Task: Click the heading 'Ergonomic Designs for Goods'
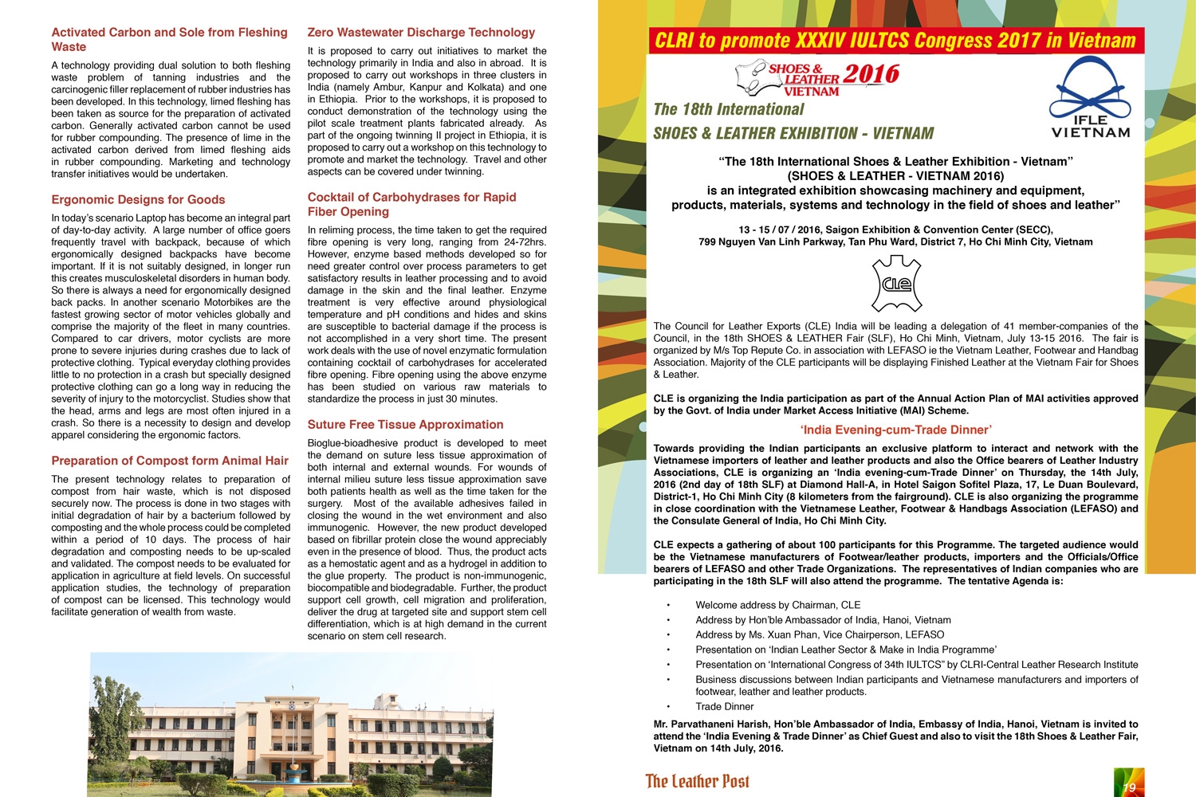pyautogui.click(x=138, y=200)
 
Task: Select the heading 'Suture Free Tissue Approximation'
pyautogui.click(x=405, y=425)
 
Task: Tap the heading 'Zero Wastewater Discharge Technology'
pyautogui.click(x=421, y=33)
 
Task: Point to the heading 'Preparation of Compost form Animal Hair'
pyautogui.click(x=170, y=461)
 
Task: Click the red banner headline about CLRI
pyautogui.click(x=895, y=41)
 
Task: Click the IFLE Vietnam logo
pyautogui.click(x=1090, y=99)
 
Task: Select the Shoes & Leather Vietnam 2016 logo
pyautogui.click(x=817, y=79)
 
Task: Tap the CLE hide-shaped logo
pyautogui.click(x=896, y=284)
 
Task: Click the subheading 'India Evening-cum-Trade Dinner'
pyautogui.click(x=896, y=430)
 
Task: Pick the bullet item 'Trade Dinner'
pyautogui.click(x=724, y=707)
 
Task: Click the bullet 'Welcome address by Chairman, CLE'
pyautogui.click(x=777, y=605)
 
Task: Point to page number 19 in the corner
pyautogui.click(x=1128, y=787)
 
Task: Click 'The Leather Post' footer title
pyautogui.click(x=697, y=781)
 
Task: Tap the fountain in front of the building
pyautogui.click(x=296, y=771)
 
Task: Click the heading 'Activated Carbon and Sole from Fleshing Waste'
pyautogui.click(x=169, y=40)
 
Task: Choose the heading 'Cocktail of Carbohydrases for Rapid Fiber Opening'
pyautogui.click(x=411, y=205)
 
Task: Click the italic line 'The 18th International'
pyautogui.click(x=729, y=110)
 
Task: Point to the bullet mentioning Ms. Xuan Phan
pyautogui.click(x=820, y=635)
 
